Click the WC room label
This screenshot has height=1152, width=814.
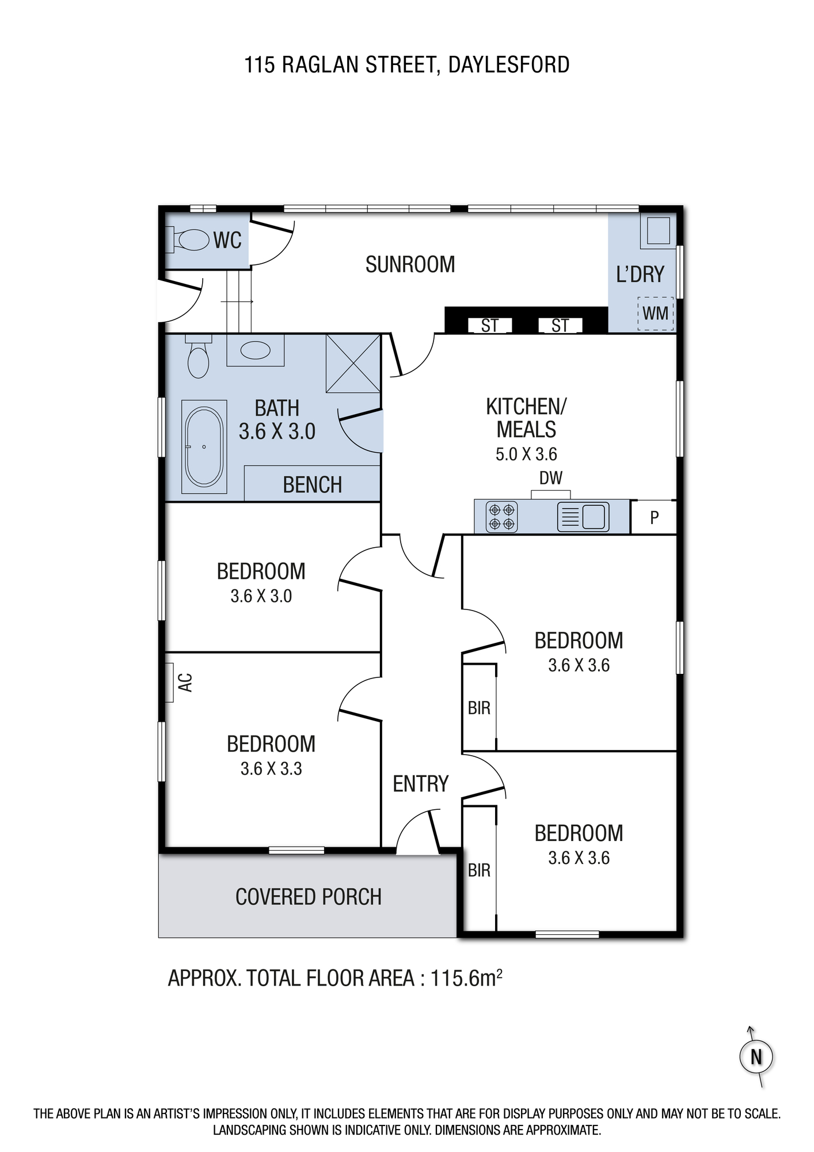(227, 241)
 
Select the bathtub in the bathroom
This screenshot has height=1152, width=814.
(204, 448)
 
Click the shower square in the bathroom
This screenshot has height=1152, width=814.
(353, 363)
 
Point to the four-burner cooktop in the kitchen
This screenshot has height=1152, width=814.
(501, 517)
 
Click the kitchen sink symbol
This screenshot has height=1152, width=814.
(583, 517)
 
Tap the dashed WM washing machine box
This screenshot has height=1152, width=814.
(655, 313)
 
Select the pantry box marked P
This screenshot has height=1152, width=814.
(653, 517)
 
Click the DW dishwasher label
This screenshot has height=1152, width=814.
(551, 478)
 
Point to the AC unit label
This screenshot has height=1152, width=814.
(185, 683)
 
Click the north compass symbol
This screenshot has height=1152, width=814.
(755, 1057)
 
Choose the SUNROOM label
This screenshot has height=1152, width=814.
(410, 264)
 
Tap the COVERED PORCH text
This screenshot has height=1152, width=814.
(309, 897)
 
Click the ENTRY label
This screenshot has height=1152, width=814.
(420, 784)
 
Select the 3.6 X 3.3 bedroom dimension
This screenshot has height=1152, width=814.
(271, 768)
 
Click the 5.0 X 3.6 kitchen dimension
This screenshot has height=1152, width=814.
(526, 454)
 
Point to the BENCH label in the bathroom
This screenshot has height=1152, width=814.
(313, 485)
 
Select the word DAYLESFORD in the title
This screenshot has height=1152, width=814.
(509, 65)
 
